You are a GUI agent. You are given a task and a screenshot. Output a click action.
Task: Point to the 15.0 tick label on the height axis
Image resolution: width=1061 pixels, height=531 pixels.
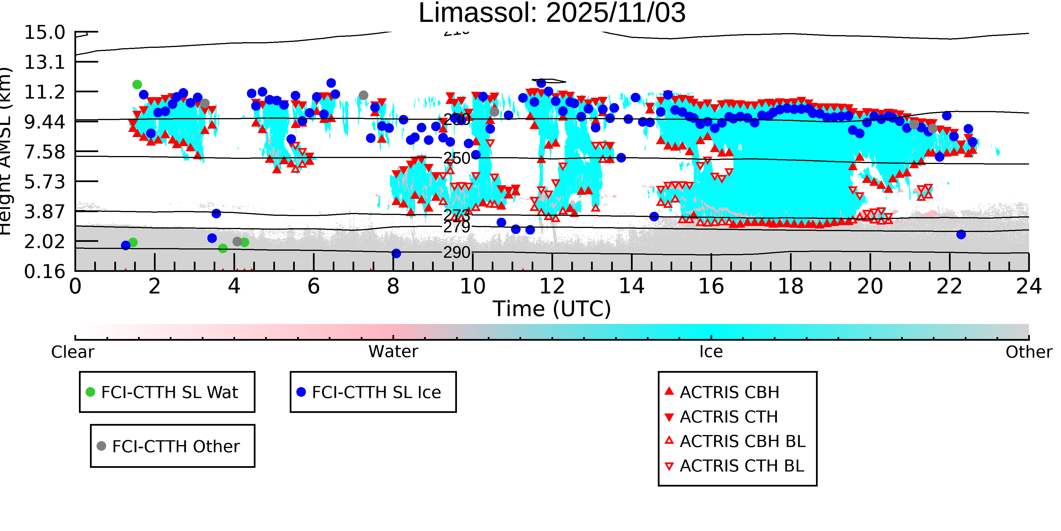(44, 33)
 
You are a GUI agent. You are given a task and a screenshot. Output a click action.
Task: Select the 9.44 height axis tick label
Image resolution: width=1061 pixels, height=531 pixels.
(44, 121)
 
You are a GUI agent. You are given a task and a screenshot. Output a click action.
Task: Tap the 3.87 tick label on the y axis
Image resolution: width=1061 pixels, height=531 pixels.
(44, 212)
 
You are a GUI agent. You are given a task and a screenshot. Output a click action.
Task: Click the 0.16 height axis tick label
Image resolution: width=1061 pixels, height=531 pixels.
(44, 271)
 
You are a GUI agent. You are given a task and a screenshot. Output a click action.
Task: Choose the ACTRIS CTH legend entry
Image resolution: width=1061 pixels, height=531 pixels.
(729, 417)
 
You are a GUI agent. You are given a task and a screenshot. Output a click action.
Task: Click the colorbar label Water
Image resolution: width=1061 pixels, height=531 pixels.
(393, 352)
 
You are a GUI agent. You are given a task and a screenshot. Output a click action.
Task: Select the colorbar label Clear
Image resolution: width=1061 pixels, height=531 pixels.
(72, 352)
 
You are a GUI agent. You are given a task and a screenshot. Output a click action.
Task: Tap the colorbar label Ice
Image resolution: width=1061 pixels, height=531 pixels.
(711, 352)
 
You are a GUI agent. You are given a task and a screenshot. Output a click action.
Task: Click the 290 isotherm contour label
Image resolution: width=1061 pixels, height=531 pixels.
(456, 252)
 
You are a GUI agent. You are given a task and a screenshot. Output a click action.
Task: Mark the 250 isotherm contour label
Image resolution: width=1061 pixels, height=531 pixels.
(456, 158)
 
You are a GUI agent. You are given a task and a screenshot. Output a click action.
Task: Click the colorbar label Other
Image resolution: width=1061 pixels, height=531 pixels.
(1028, 352)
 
